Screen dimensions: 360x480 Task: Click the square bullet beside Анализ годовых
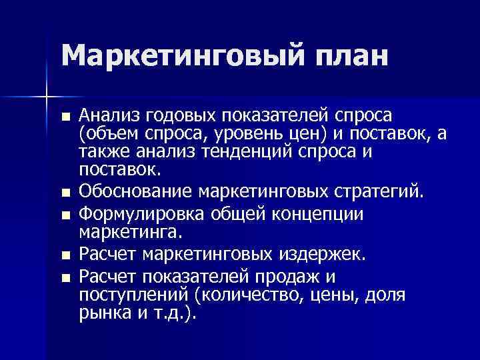point(64,117)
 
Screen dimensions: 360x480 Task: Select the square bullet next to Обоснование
point(64,193)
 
